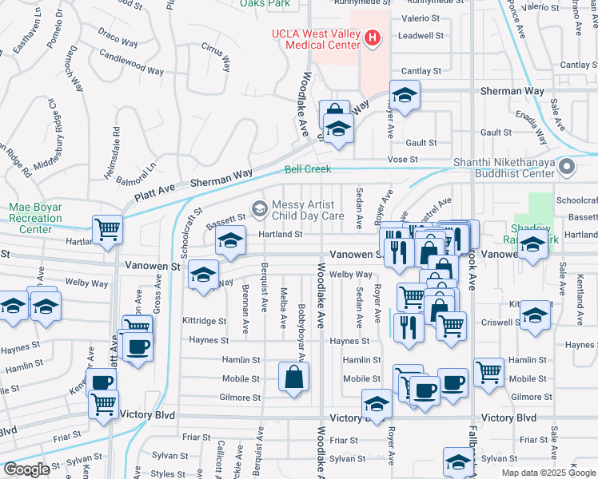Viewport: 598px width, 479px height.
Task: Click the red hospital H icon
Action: [372, 38]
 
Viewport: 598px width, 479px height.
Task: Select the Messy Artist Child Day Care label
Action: [309, 210]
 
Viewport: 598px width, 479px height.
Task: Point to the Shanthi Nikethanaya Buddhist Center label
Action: [504, 168]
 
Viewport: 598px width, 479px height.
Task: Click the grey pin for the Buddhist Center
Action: [567, 168]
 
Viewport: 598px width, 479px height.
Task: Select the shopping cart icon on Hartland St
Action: [107, 230]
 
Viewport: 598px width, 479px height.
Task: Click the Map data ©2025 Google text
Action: [547, 472]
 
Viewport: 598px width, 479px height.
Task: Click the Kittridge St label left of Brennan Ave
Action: [199, 319]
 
